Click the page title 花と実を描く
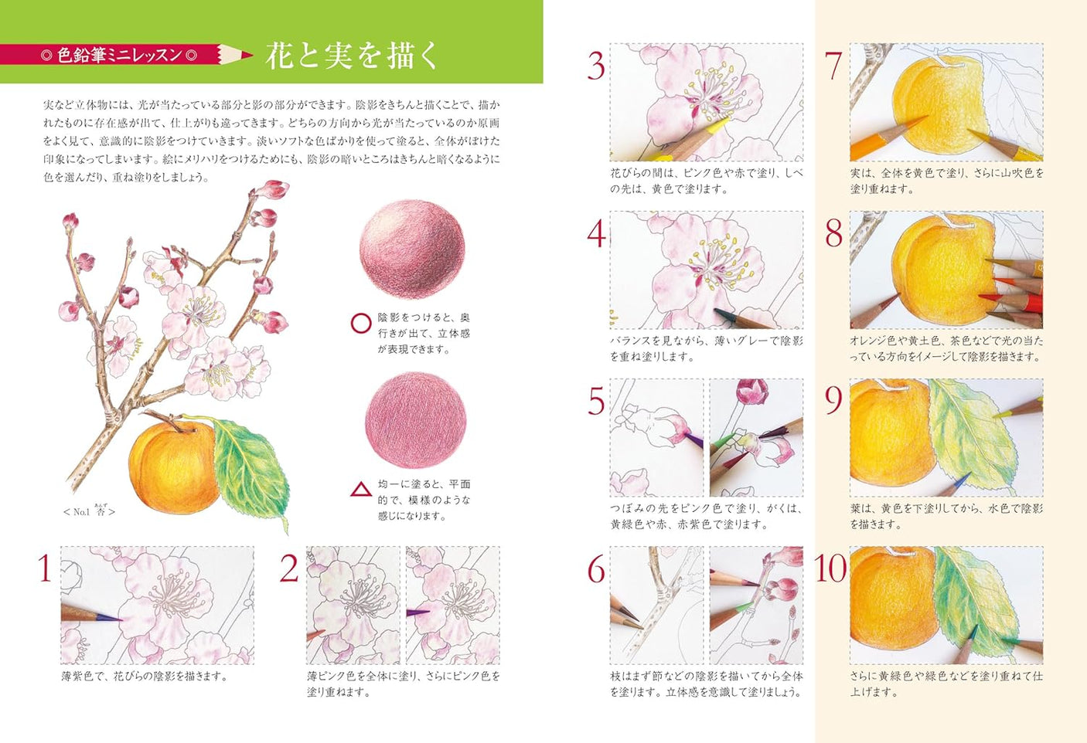point(352,56)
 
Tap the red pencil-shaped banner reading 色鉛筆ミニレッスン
point(124,55)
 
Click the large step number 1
point(45,568)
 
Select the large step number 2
point(289,569)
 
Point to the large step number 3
point(595,66)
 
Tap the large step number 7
point(833,66)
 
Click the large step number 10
point(830,569)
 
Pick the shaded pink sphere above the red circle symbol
point(412,249)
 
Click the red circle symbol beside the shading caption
point(361,323)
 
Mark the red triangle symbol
point(361,490)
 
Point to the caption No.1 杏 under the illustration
point(90,511)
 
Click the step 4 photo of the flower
point(706,270)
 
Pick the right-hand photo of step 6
point(756,605)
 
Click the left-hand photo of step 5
point(656,437)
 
